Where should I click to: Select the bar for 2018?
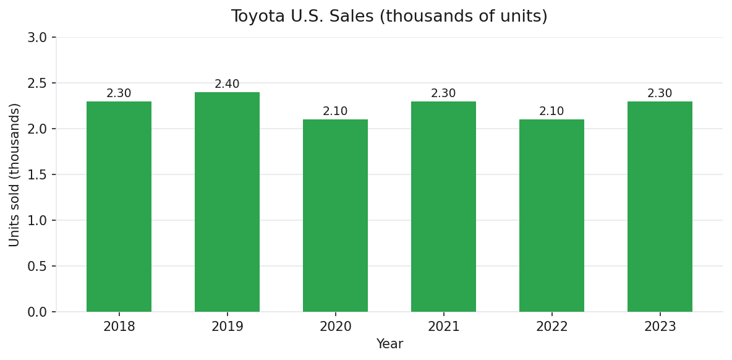point(119,207)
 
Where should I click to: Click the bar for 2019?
point(227,202)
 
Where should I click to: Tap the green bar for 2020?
point(335,216)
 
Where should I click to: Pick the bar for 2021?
point(443,207)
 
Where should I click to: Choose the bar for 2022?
point(551,216)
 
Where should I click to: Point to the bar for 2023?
point(660,207)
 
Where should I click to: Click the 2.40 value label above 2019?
point(227,84)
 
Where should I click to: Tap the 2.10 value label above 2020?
point(335,111)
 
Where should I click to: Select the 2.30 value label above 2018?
point(119,93)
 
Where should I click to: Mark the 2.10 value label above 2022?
point(551,111)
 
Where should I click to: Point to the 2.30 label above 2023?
point(660,93)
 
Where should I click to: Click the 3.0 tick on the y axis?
point(38,38)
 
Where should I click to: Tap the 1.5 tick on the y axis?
point(38,175)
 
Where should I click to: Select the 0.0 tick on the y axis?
point(38,312)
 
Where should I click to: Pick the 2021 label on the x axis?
point(443,327)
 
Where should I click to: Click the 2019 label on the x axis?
point(227,327)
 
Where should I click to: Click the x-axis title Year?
point(389,345)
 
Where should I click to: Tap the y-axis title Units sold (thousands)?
point(15,174)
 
